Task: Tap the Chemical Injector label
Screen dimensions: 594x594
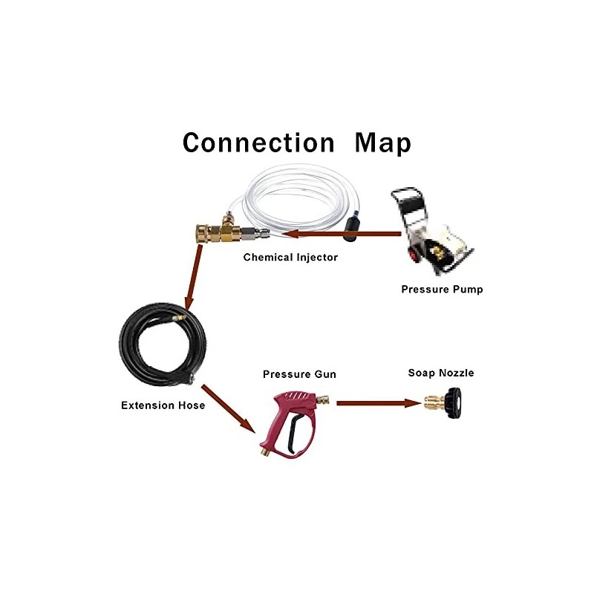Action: (x=290, y=258)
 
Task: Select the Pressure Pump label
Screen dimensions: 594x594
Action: (x=442, y=290)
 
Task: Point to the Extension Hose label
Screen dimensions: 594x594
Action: (x=163, y=405)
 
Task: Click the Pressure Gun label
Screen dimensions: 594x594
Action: (x=299, y=374)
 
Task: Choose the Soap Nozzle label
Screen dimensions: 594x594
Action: (x=441, y=373)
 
